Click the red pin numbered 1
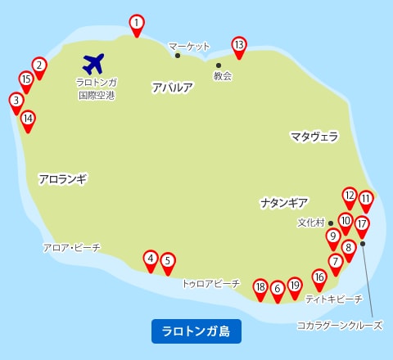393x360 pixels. [x=137, y=24]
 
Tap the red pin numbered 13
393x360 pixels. [x=238, y=45]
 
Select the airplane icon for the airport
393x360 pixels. [x=95, y=62]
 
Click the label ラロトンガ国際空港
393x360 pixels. [x=95, y=88]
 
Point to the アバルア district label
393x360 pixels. [x=172, y=87]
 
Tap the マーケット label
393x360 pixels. [x=189, y=47]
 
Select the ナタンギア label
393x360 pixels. [x=284, y=201]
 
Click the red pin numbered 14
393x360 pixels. [x=28, y=119]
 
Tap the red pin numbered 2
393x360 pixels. [x=38, y=65]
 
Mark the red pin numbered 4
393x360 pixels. [x=151, y=259]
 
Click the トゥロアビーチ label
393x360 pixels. [x=210, y=284]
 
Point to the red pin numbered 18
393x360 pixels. [x=260, y=287]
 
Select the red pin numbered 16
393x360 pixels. [x=319, y=277]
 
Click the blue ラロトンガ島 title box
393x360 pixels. [x=196, y=331]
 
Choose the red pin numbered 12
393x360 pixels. [x=350, y=196]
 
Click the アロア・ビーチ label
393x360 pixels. [x=71, y=247]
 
